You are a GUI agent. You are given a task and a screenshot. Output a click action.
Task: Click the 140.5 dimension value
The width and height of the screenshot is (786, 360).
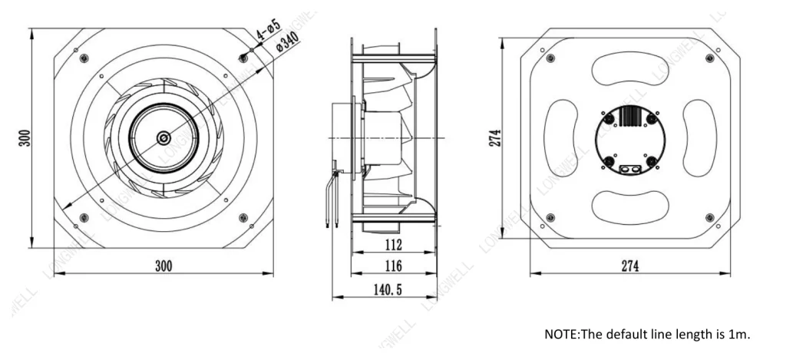click(x=388, y=289)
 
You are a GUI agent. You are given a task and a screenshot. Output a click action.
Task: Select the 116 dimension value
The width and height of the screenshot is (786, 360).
click(x=394, y=266)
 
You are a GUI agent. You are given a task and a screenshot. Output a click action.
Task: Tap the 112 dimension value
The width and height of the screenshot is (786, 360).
click(x=394, y=245)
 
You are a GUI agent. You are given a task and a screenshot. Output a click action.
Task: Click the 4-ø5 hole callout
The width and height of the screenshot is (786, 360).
click(x=269, y=30)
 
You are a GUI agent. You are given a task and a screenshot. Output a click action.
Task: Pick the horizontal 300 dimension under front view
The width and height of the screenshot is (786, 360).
click(x=163, y=266)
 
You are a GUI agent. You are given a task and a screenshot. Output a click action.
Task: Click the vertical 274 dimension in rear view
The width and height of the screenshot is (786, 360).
click(x=495, y=138)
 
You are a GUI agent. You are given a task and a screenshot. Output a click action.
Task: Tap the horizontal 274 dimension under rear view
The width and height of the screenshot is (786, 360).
click(x=630, y=266)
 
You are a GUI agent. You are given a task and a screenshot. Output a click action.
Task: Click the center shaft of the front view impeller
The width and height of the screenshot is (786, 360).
click(x=163, y=138)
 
